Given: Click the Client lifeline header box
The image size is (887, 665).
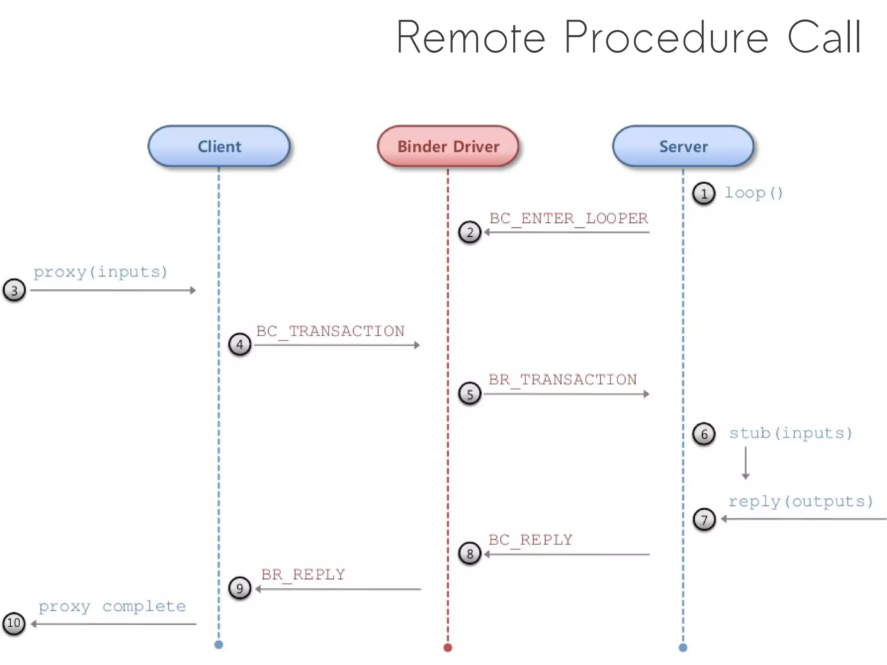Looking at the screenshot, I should [219, 146].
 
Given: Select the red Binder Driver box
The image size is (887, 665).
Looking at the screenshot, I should [448, 146].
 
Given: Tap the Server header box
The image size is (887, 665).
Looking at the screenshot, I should [683, 146].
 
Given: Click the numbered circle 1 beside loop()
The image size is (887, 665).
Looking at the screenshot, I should [703, 194].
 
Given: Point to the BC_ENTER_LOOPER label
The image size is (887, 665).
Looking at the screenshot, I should [568, 218].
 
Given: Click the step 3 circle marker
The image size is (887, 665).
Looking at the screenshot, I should [14, 290].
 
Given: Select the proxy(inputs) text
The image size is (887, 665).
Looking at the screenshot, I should [100, 272].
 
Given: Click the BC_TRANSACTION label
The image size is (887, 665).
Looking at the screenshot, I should [330, 331].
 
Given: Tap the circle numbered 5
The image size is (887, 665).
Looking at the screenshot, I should [469, 394].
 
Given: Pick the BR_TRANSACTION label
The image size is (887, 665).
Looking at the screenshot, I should [563, 380].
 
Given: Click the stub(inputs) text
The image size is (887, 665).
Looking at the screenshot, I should [790, 433].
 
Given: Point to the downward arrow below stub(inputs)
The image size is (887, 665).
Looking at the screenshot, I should [745, 464].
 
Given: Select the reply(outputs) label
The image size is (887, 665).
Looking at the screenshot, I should [800, 501].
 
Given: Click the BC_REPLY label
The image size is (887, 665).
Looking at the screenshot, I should [530, 540].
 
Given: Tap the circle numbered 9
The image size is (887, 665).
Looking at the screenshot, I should [240, 588].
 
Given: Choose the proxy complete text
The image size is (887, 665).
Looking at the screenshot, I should [112, 606].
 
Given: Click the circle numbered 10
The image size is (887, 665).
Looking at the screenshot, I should [14, 623].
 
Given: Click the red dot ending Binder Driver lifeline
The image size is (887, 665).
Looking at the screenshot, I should [448, 648].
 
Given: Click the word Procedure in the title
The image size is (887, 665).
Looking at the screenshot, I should [666, 38].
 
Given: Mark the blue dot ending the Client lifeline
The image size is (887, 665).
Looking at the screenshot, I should [219, 645].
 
